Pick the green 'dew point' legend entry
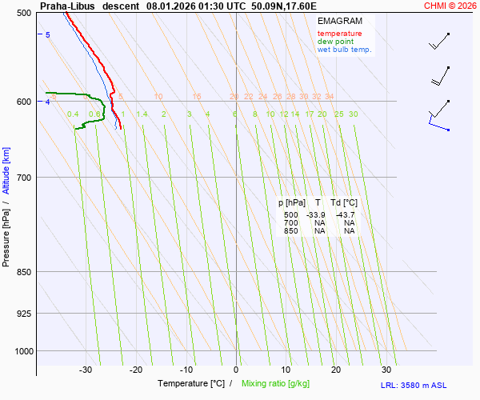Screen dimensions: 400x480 click(335, 42)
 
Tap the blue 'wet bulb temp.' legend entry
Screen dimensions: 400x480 click(345, 50)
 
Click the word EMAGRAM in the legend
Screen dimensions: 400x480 click(339, 21)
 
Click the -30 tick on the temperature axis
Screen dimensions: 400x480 click(86, 370)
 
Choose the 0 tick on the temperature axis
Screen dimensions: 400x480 click(236, 370)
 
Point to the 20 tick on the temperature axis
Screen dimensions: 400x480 click(336, 370)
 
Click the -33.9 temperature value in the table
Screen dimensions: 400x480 click(317, 215)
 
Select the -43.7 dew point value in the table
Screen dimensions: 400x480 click(346, 215)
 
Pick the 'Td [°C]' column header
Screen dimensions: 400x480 click(345, 202)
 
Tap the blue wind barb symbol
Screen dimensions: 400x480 click(438, 120)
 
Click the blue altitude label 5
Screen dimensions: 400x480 click(47, 35)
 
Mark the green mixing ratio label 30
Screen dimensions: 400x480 click(353, 114)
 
